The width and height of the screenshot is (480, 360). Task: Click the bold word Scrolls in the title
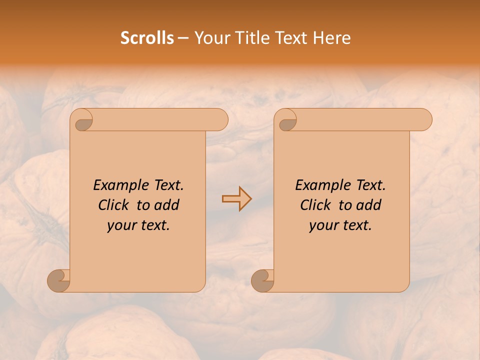point(147,38)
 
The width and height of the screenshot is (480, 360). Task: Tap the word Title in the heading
point(253,38)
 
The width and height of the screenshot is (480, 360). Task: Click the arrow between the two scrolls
point(236,199)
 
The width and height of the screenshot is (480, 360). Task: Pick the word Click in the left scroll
point(114,205)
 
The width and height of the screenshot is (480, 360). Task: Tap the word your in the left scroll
point(121,225)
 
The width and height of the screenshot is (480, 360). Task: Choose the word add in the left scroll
point(167,205)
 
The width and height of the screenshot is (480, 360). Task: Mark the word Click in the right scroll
point(316,205)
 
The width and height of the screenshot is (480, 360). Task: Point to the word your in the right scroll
point(323,225)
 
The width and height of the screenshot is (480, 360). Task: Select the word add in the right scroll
point(369,205)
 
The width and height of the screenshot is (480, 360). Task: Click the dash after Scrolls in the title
point(183,38)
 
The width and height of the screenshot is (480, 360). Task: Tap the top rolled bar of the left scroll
point(155,120)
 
